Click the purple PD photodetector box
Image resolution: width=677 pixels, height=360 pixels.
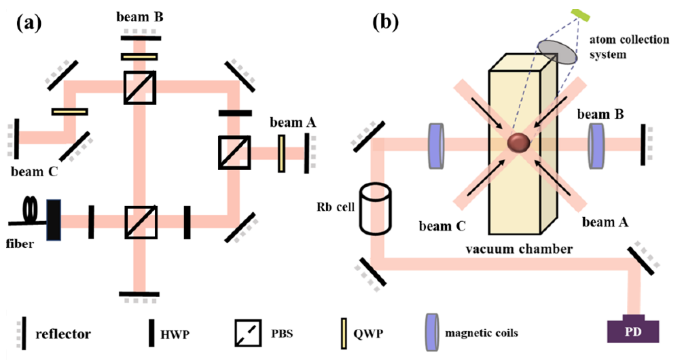point(633,330)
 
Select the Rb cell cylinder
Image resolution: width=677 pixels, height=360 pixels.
point(375,209)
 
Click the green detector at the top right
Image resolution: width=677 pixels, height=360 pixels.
point(580,15)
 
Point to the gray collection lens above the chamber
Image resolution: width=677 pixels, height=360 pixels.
point(557,52)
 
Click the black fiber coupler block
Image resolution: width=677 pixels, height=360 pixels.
point(54,220)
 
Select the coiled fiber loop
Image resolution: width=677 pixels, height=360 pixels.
point(30,209)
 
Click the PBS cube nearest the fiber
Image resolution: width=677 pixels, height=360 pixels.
point(141,222)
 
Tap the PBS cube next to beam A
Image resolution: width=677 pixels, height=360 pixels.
point(234,153)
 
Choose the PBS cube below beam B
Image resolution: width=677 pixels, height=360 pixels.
point(140,88)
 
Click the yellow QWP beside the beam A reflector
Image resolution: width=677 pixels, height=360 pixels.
point(281,154)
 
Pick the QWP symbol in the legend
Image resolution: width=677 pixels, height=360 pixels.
point(344,333)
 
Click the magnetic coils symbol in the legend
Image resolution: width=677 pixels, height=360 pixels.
point(432,332)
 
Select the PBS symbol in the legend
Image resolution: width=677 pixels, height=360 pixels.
point(248,333)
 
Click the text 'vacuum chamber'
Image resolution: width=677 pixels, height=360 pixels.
point(519,249)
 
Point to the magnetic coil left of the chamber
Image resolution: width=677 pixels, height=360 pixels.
point(436,146)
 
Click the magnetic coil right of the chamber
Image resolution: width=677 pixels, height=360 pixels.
point(596,146)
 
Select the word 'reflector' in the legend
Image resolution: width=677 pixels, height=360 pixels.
point(63,334)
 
